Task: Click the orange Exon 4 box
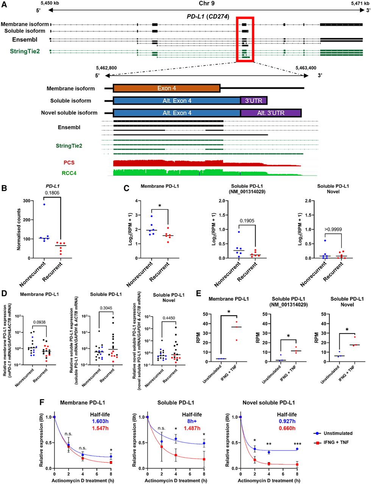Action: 167,88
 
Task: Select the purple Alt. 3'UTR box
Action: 271,113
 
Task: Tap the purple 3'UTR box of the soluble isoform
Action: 254,101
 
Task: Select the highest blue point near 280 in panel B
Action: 44,204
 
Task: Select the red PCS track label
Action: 69,163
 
